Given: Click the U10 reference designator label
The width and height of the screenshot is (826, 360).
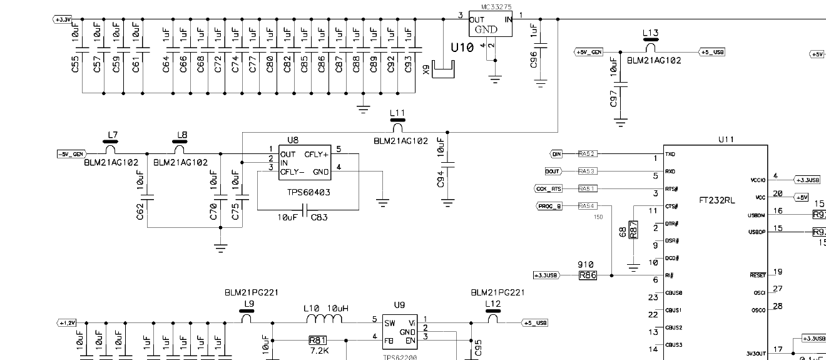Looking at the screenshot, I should (x=461, y=48).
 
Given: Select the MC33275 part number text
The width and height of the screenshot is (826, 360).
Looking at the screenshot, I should (x=496, y=7).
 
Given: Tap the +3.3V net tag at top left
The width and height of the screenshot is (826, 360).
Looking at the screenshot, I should (x=63, y=19).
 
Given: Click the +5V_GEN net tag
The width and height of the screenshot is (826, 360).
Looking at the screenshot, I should (x=589, y=52).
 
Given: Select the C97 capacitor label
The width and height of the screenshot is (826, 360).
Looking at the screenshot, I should (x=613, y=98).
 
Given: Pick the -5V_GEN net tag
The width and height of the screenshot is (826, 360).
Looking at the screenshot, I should (x=71, y=153).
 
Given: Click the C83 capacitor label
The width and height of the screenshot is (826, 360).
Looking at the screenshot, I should (x=320, y=217).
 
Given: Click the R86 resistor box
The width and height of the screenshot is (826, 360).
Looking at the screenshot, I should (x=588, y=275).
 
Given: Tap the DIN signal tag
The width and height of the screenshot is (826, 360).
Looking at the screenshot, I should (x=556, y=153).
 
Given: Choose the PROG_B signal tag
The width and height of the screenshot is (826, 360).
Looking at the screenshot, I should (x=549, y=206).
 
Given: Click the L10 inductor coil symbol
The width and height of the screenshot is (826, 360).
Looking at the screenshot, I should (x=324, y=321).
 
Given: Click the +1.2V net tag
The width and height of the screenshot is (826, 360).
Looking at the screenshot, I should (x=67, y=323).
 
